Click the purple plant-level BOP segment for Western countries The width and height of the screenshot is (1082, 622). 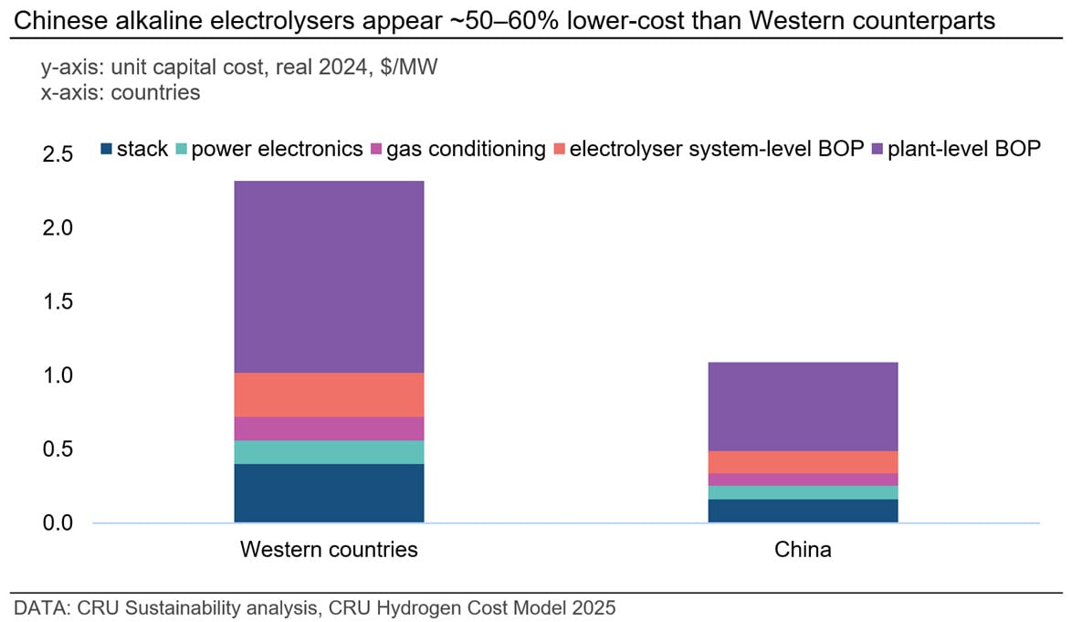click(x=329, y=277)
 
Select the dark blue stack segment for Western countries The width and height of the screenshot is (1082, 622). click(x=329, y=493)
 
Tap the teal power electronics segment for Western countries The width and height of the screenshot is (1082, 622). click(x=329, y=452)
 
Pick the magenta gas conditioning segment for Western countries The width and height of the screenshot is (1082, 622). click(x=329, y=428)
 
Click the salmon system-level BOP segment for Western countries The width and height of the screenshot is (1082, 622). click(x=329, y=395)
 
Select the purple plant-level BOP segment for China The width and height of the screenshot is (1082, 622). click(x=803, y=406)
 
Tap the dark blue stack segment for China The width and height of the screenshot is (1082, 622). click(x=803, y=511)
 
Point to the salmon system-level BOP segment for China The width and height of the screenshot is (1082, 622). click(x=803, y=462)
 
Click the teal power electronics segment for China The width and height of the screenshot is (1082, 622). click(x=803, y=492)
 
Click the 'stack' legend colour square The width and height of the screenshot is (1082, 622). click(x=107, y=149)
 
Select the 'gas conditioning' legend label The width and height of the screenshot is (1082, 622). click(x=466, y=148)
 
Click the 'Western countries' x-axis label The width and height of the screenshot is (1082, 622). click(x=329, y=550)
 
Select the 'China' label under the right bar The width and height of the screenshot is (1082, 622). click(x=803, y=550)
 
